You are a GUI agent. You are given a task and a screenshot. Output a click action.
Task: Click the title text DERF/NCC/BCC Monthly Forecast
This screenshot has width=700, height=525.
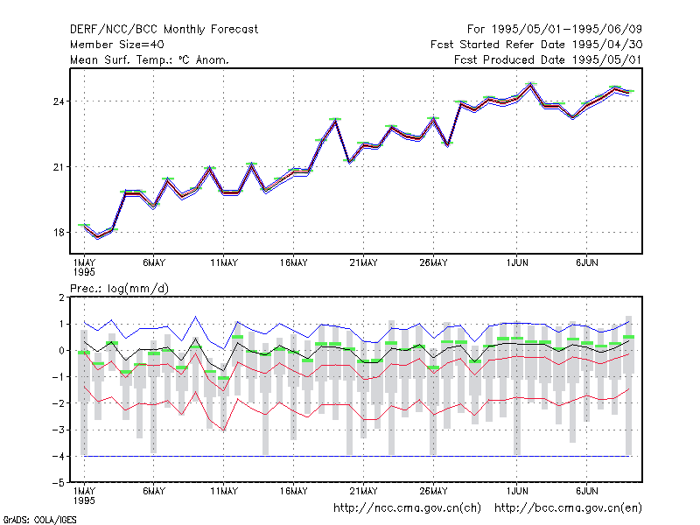click(164, 30)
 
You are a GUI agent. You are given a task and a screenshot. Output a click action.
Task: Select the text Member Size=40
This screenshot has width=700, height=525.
click(117, 45)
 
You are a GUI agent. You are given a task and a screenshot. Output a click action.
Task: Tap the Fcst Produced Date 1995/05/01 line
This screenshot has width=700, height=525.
click(548, 59)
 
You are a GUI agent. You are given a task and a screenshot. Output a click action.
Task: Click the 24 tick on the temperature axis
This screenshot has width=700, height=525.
click(59, 101)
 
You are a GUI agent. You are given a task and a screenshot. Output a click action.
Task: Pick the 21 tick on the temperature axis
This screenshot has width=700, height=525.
click(59, 167)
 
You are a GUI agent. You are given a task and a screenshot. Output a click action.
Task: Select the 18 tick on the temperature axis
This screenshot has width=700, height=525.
click(59, 233)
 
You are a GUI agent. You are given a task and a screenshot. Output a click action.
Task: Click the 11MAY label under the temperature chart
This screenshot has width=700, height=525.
click(224, 263)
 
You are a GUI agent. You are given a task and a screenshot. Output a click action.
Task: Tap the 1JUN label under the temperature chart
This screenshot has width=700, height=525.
click(517, 263)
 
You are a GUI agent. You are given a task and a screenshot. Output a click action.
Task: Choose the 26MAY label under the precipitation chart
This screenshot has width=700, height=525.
click(433, 491)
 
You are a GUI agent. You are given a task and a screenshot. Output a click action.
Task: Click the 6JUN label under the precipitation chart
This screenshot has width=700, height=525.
click(586, 491)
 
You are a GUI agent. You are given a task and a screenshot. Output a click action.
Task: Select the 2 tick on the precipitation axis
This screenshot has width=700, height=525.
click(61, 297)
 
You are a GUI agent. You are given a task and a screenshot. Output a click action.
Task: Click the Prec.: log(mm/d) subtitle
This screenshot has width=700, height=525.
click(119, 289)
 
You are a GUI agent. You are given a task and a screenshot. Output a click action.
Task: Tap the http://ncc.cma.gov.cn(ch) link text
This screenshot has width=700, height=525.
click(407, 508)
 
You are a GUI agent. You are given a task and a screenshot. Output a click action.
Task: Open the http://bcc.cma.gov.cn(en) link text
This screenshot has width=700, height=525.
click(568, 508)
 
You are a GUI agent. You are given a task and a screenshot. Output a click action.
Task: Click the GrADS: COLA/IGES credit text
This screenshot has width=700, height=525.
click(39, 520)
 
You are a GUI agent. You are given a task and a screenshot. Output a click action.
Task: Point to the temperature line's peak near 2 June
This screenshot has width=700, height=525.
click(530, 84)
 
